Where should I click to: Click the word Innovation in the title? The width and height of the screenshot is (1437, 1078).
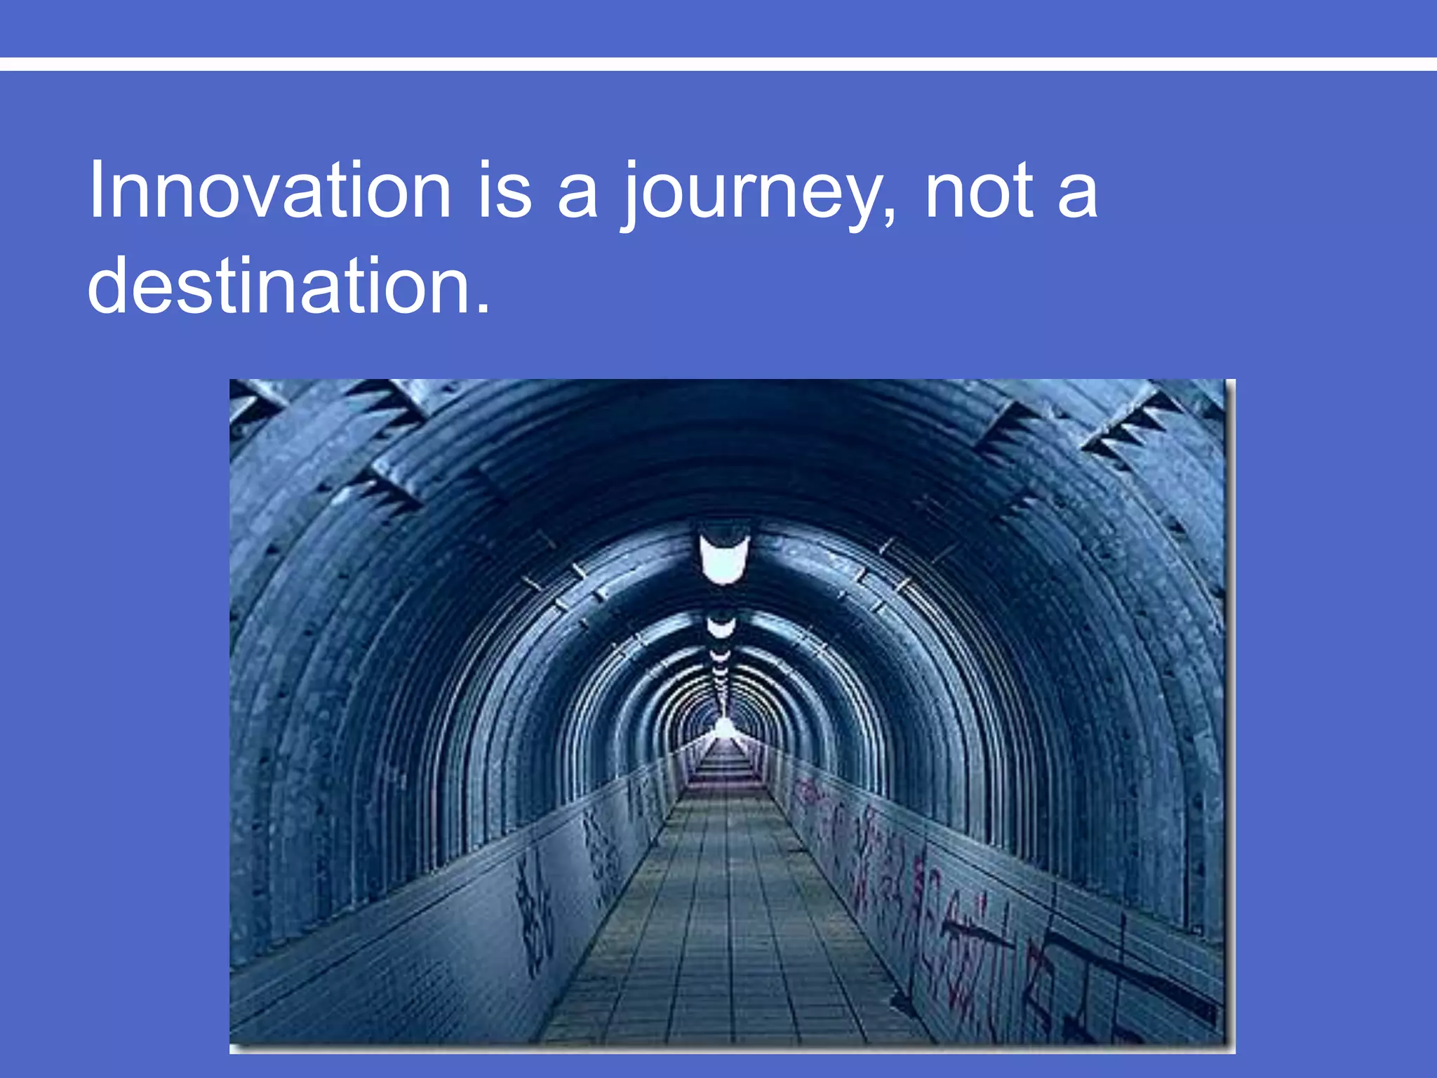tap(270, 191)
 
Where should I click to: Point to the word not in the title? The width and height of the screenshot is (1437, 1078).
tap(980, 191)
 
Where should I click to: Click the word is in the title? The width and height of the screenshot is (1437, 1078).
tap(504, 191)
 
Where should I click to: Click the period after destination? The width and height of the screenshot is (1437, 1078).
tap(482, 309)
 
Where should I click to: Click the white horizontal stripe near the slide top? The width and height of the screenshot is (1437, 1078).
tap(718, 64)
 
